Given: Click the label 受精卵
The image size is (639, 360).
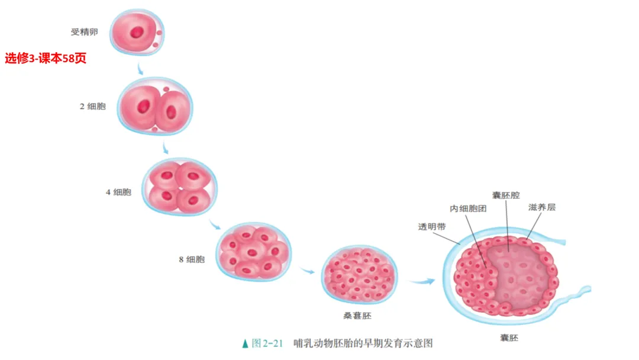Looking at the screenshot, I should [84, 32].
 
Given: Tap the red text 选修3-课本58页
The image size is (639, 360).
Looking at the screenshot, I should [46, 59].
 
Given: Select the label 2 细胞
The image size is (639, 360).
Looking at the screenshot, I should [93, 107].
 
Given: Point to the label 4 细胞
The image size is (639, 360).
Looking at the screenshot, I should [118, 192].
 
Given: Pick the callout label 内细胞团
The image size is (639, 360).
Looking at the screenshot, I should [467, 208].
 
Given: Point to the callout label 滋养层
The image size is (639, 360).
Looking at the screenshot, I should [542, 208].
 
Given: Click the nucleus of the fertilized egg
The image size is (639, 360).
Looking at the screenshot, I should [137, 31].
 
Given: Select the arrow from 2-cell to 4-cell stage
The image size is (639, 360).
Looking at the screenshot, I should [167, 146].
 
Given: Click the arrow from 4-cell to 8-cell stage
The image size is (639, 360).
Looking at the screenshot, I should [215, 224].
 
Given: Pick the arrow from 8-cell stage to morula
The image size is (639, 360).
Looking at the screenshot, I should [306, 271].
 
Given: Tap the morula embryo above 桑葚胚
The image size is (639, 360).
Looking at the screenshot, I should [360, 275].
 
